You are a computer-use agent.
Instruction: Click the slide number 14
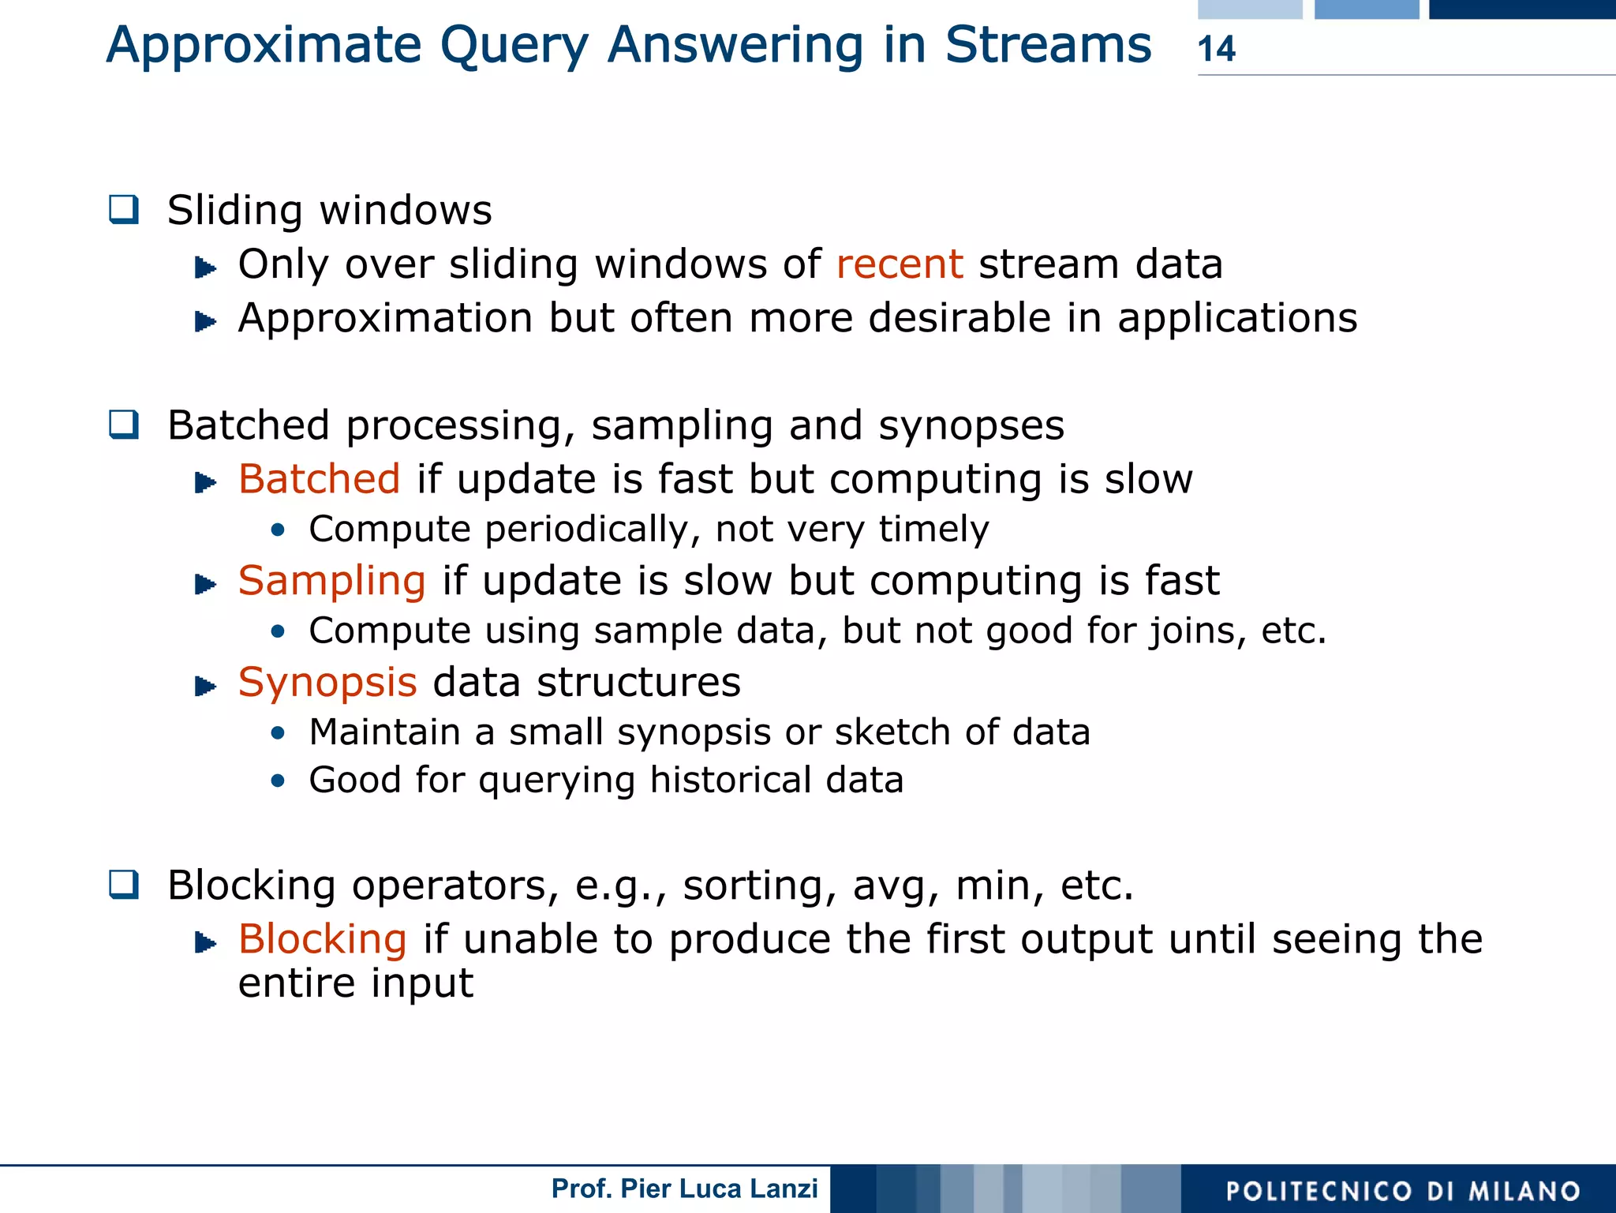[x=1216, y=49]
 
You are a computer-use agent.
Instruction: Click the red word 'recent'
[x=899, y=264]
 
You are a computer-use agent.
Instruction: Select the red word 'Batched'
[x=320, y=480]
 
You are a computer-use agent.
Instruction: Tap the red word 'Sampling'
[x=332, y=582]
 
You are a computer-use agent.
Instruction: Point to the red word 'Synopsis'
[x=327, y=683]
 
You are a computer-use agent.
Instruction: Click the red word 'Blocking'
[x=323, y=940]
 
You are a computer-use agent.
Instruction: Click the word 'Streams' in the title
[x=1048, y=45]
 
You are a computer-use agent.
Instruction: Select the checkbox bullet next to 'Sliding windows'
[x=125, y=210]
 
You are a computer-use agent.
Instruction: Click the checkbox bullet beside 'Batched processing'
[x=125, y=425]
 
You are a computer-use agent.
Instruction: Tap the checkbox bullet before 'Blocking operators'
[x=125, y=885]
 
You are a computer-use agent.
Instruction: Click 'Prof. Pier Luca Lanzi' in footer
[x=684, y=1189]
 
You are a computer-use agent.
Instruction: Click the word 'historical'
[x=730, y=781]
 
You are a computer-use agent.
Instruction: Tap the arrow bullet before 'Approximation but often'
[x=205, y=321]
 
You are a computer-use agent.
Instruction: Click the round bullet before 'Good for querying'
[x=277, y=781]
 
